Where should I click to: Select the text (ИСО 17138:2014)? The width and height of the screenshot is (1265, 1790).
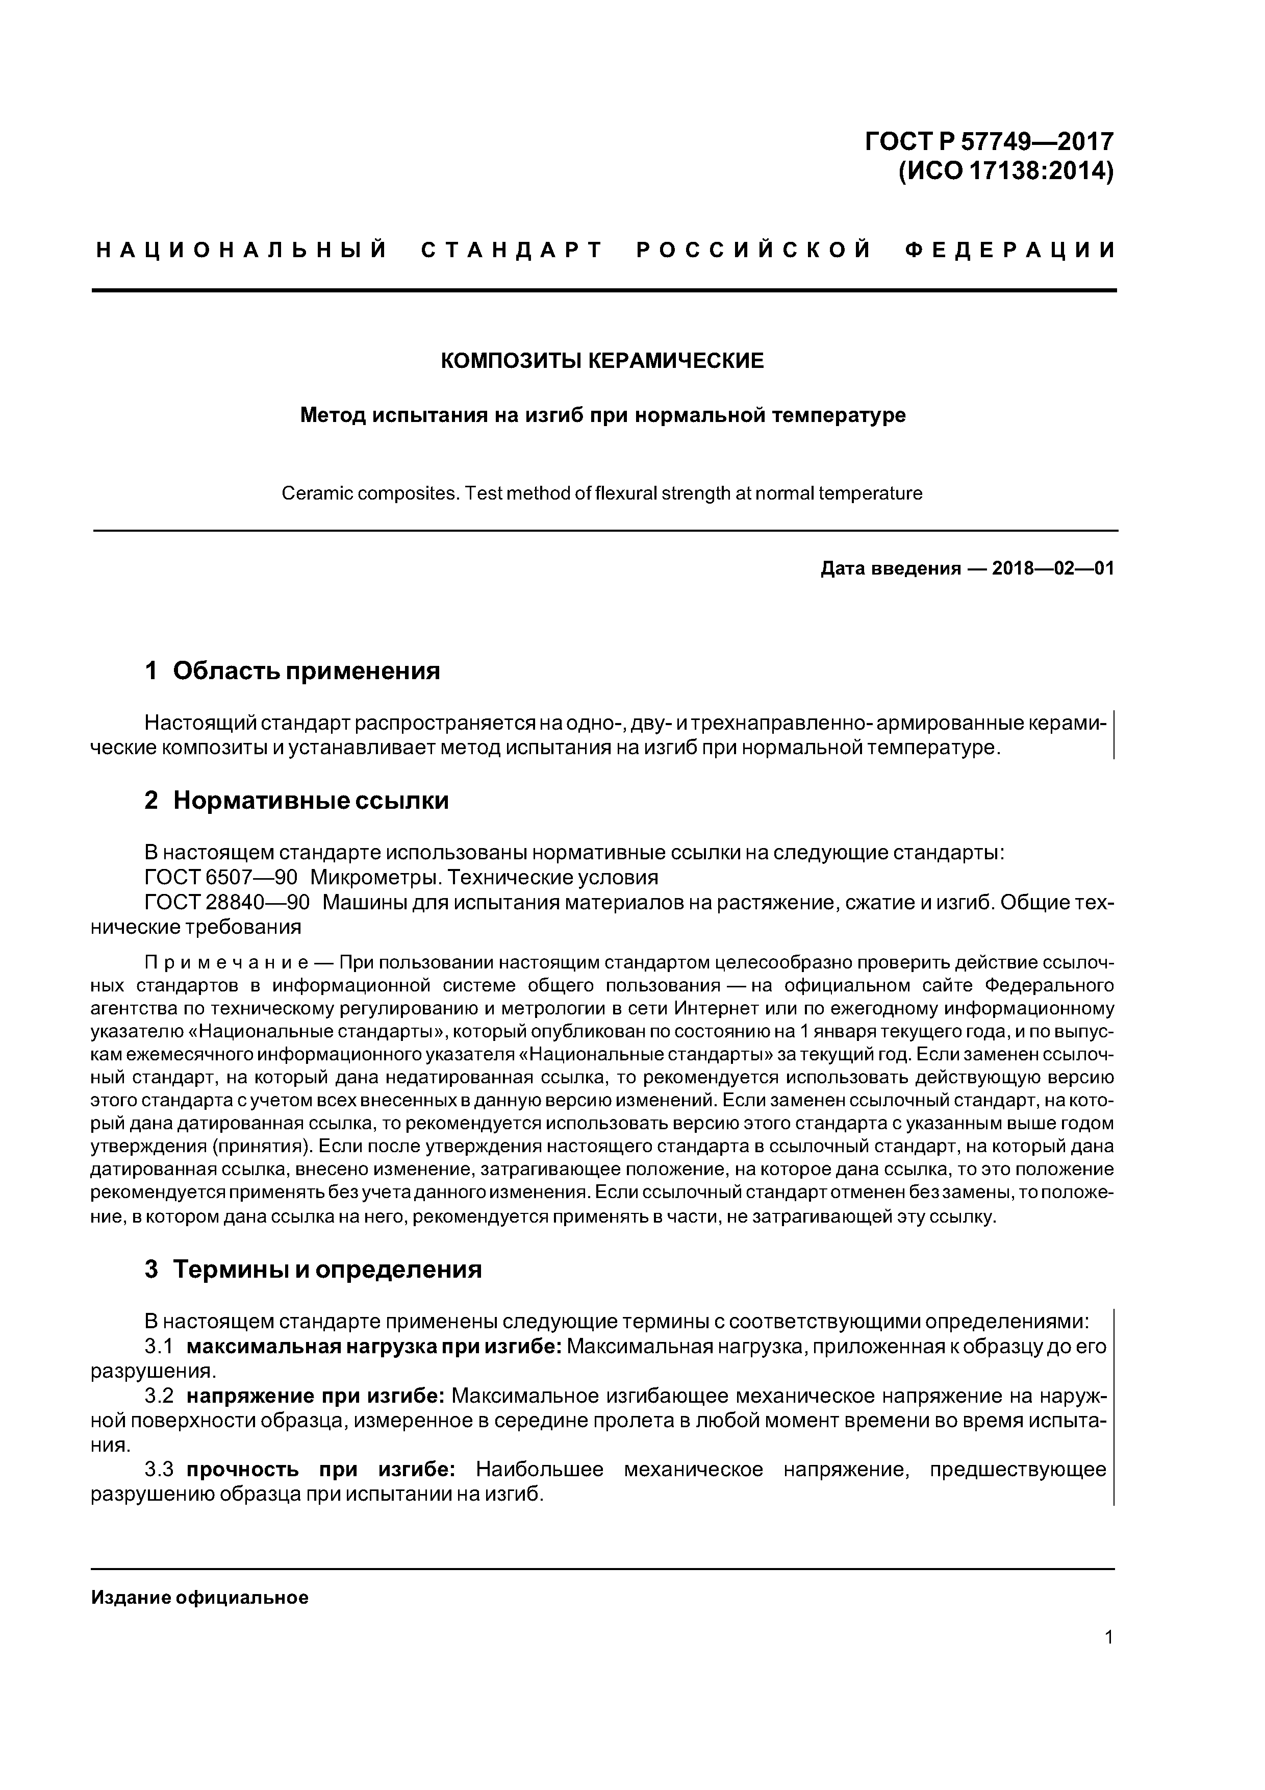pos(1005,171)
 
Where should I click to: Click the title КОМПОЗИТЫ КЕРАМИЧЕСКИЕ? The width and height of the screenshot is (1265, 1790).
pos(602,361)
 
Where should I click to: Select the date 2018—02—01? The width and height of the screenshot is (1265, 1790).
pos(1052,568)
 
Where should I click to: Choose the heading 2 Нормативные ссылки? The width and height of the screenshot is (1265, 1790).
pos(296,801)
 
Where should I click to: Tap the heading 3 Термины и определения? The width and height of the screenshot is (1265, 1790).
pos(313,1270)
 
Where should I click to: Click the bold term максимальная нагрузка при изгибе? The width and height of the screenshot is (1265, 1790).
pos(374,1347)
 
